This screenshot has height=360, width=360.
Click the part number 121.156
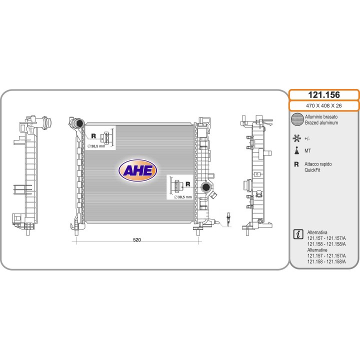pos(323,95)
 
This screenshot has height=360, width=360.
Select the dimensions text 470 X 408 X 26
pos(323,105)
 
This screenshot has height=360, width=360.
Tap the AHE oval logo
pos(138,170)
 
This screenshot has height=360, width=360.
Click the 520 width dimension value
pos(137,239)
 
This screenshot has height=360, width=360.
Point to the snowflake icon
pos(296,138)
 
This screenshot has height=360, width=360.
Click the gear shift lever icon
pos(296,150)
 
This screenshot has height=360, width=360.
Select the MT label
pos(307,151)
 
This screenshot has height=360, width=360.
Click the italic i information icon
pos(298,234)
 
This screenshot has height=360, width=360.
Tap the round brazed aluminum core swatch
pos(297,119)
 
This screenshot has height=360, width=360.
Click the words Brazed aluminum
pos(321,123)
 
